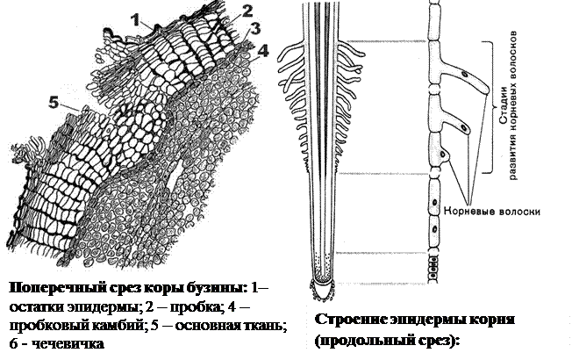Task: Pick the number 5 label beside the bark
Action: [54, 103]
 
